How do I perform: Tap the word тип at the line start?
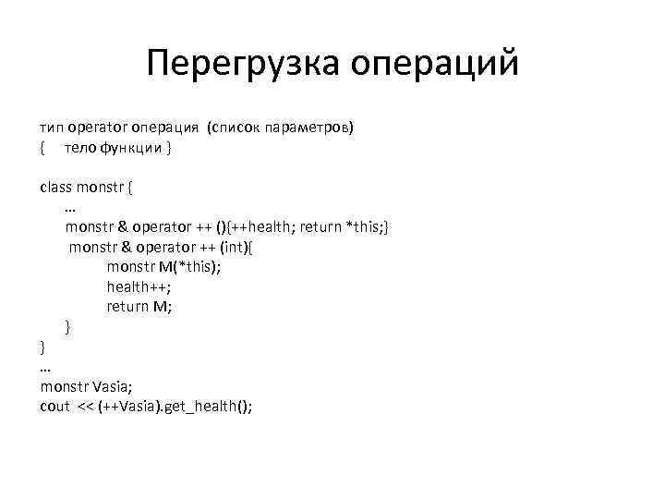click(50, 127)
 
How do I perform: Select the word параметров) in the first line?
click(308, 127)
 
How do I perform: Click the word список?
click(234, 127)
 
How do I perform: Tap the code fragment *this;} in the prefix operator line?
click(367, 226)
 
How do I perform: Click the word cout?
click(54, 408)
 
